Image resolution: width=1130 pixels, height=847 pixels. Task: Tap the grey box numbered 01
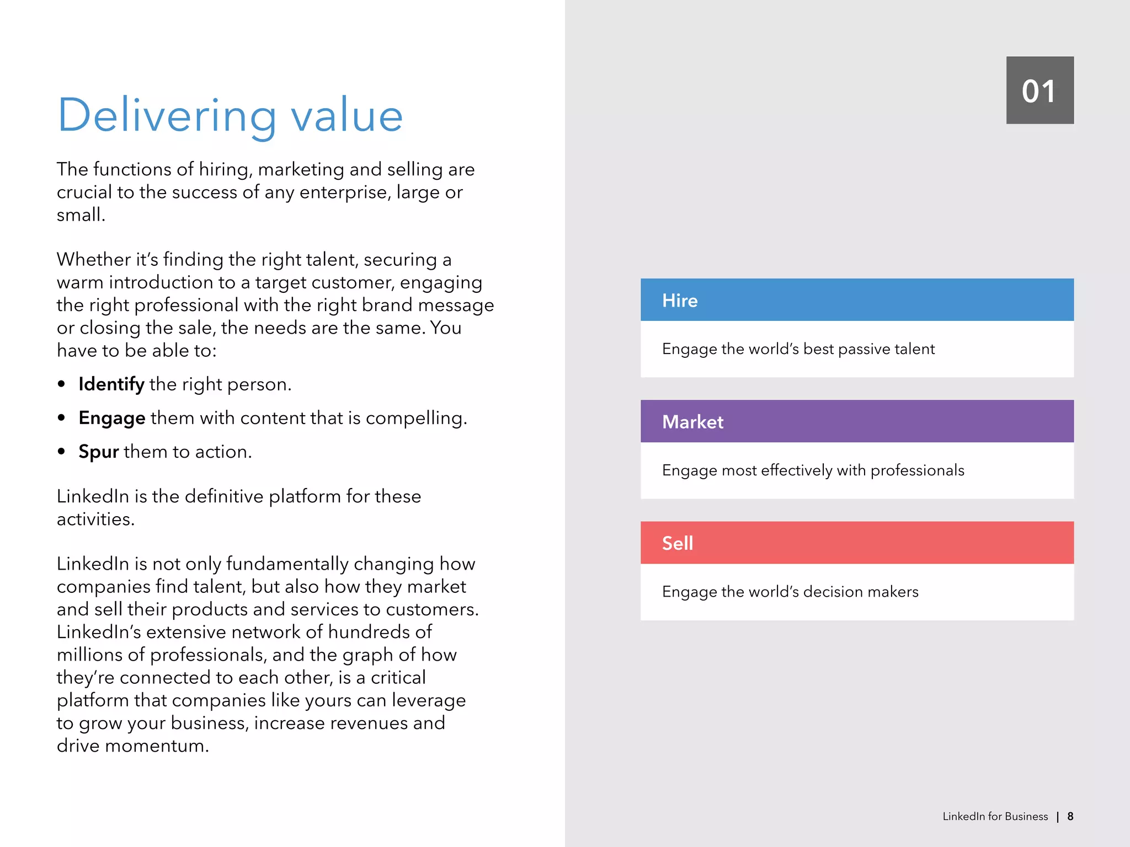[1040, 90]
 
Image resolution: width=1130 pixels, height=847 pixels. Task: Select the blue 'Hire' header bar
[856, 300]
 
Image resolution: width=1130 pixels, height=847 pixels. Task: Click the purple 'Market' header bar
[856, 421]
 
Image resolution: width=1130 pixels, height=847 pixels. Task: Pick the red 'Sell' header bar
[856, 543]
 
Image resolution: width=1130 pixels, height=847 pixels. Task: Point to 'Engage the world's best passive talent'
[798, 349]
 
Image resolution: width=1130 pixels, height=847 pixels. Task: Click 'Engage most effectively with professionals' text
[813, 470]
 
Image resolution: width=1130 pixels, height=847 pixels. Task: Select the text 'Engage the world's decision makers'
[790, 592]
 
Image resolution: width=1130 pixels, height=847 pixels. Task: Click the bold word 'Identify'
[111, 384]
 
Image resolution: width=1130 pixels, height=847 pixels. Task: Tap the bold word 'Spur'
[99, 452]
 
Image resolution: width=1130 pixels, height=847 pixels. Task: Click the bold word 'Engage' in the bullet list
[112, 418]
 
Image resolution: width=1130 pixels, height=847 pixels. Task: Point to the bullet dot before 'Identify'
[61, 384]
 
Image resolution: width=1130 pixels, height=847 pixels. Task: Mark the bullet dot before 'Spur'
[61, 452]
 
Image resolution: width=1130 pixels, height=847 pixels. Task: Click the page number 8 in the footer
[1070, 816]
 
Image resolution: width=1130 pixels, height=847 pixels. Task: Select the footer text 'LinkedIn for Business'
[995, 816]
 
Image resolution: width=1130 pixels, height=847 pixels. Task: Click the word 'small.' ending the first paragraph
[81, 215]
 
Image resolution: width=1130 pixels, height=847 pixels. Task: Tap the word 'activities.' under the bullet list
[95, 519]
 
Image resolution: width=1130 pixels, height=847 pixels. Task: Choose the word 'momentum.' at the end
[157, 746]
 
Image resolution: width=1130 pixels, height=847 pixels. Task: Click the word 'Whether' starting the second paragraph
[93, 259]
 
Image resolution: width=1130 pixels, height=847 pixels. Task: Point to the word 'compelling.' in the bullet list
[416, 418]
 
